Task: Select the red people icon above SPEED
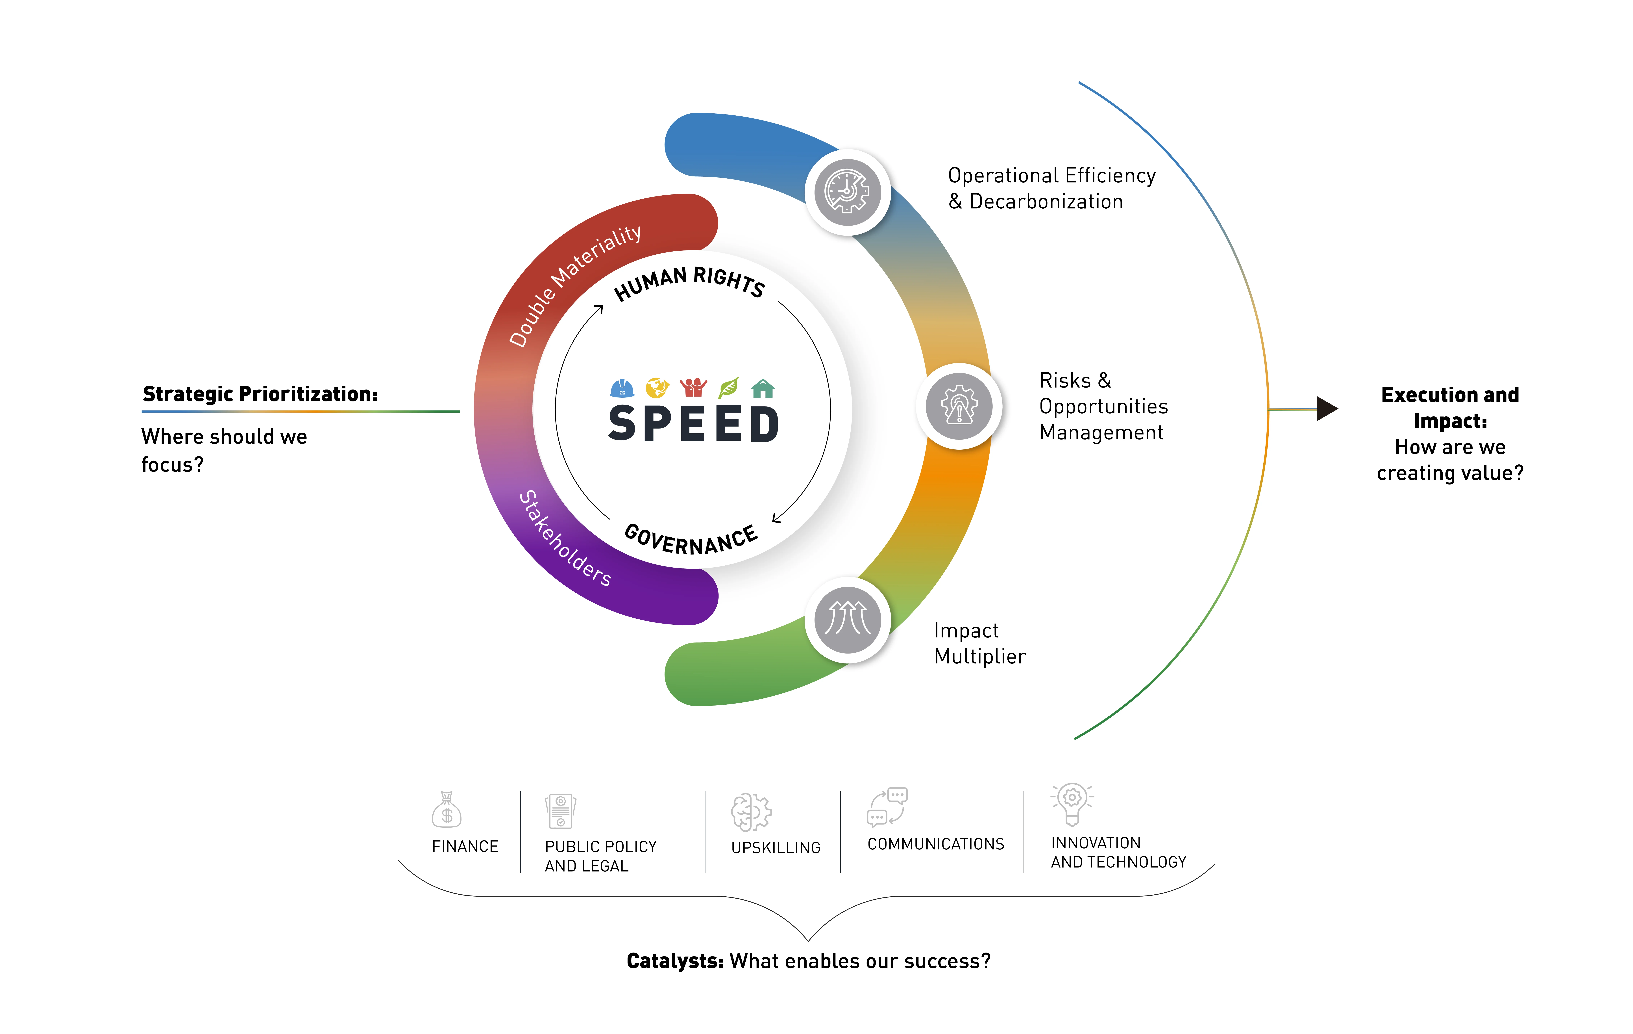click(693, 387)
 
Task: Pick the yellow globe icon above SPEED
click(656, 387)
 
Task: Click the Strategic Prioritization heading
click(260, 394)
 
